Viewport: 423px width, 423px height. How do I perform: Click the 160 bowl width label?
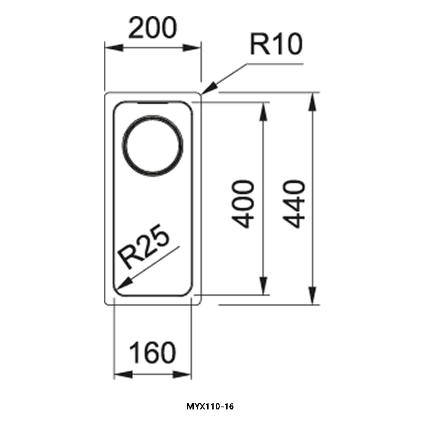(152, 353)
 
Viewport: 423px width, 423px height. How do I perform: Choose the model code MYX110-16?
(210, 407)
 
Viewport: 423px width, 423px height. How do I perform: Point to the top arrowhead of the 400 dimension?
(263, 111)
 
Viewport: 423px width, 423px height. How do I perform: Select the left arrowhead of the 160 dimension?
(123, 374)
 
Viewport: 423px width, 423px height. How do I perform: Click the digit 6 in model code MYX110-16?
(231, 407)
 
